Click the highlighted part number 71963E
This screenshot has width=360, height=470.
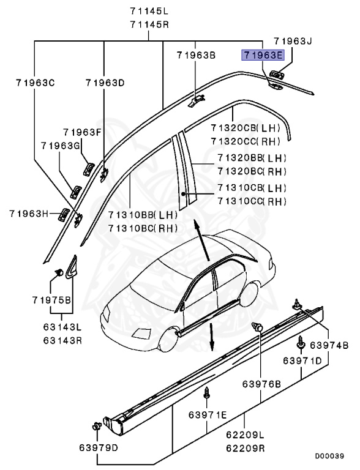(263, 56)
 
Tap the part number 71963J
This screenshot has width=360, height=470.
(293, 42)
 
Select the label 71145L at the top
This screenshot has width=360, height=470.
(149, 12)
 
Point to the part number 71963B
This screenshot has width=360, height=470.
(196, 56)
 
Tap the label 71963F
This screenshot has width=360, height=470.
(81, 132)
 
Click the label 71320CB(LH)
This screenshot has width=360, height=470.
(245, 128)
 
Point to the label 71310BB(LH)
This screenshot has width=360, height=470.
(143, 215)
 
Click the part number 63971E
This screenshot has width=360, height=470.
(208, 415)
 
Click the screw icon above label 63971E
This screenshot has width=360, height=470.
(208, 392)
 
